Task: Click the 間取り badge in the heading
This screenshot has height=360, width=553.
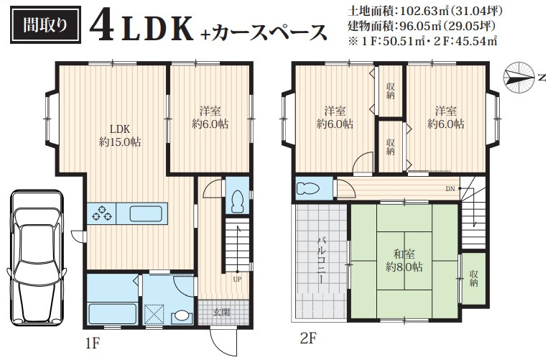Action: pyautogui.click(x=45, y=24)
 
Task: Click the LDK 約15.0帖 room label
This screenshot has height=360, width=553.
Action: pyautogui.click(x=120, y=136)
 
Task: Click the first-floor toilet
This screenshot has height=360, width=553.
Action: pyautogui.click(x=238, y=201)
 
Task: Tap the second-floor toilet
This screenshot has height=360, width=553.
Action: pyautogui.click(x=307, y=189)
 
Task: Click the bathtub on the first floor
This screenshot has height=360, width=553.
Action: pyautogui.click(x=112, y=313)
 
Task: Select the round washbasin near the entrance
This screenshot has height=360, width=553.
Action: pyautogui.click(x=182, y=315)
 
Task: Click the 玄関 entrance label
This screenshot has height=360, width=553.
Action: pyautogui.click(x=221, y=312)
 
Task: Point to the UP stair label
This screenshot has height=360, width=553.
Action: pyautogui.click(x=237, y=280)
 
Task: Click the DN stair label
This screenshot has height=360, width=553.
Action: pyautogui.click(x=450, y=189)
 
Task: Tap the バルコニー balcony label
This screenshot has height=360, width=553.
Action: pyautogui.click(x=321, y=261)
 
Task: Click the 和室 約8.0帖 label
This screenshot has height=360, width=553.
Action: pyautogui.click(x=404, y=260)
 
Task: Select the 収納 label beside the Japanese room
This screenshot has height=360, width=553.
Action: pyautogui.click(x=474, y=279)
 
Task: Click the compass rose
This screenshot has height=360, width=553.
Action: pyautogui.click(x=519, y=78)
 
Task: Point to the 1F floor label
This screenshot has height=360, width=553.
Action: pyautogui.click(x=93, y=343)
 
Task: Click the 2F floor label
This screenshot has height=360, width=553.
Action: pyautogui.click(x=309, y=339)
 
